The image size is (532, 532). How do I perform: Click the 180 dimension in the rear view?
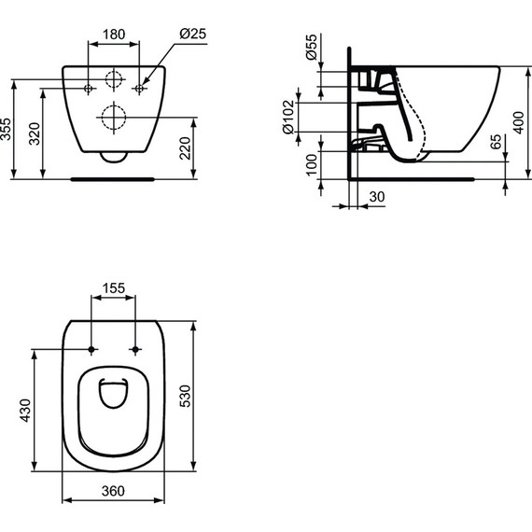[113, 35]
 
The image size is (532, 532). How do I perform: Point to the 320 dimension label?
[35, 133]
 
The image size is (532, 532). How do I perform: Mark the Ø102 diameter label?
[289, 118]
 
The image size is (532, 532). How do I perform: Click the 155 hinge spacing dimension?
[113, 289]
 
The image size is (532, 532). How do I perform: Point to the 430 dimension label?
[25, 411]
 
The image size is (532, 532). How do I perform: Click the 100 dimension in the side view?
[312, 162]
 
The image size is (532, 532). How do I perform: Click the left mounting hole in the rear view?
[89, 88]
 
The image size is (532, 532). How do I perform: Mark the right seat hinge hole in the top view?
[136, 350]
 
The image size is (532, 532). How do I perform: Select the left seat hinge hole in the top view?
[91, 350]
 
